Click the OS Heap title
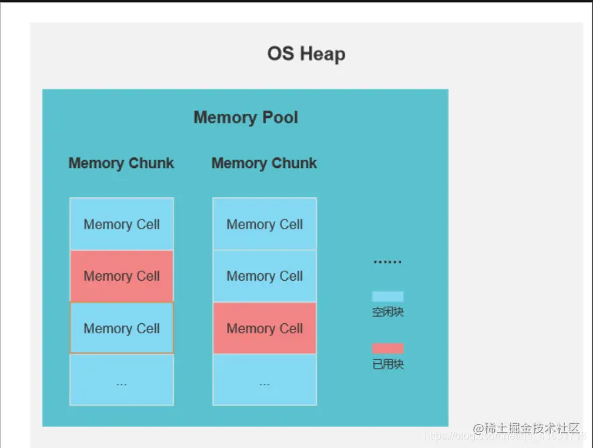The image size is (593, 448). click(307, 54)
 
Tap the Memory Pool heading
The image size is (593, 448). click(246, 118)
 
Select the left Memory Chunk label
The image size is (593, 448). click(121, 163)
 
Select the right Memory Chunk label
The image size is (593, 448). click(264, 163)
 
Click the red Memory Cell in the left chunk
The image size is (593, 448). click(122, 276)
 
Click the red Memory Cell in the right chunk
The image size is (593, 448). click(264, 328)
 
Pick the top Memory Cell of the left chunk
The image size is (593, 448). click(122, 224)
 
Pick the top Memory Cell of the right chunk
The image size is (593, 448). click(264, 224)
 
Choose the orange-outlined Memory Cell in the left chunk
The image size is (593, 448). click(122, 328)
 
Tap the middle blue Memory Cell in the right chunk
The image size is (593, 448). click(264, 276)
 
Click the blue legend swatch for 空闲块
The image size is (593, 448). click(388, 297)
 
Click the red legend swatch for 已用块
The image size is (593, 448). click(388, 349)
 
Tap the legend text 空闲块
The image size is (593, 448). click(388, 312)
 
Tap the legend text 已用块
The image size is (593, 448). click(388, 365)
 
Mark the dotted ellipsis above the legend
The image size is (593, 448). click(387, 262)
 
